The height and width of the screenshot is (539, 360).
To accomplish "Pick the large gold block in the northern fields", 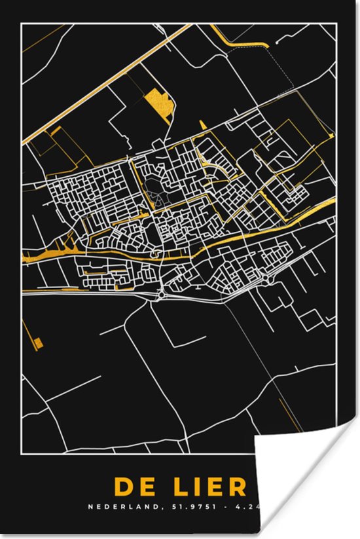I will pyautogui.click(x=159, y=103).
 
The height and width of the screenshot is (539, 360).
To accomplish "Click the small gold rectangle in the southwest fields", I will pyautogui.click(x=38, y=342).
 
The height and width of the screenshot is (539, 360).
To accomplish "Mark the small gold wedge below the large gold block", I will pyautogui.click(x=203, y=124).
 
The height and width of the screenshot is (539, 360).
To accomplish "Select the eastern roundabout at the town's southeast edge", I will pyautogui.click(x=270, y=280).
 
